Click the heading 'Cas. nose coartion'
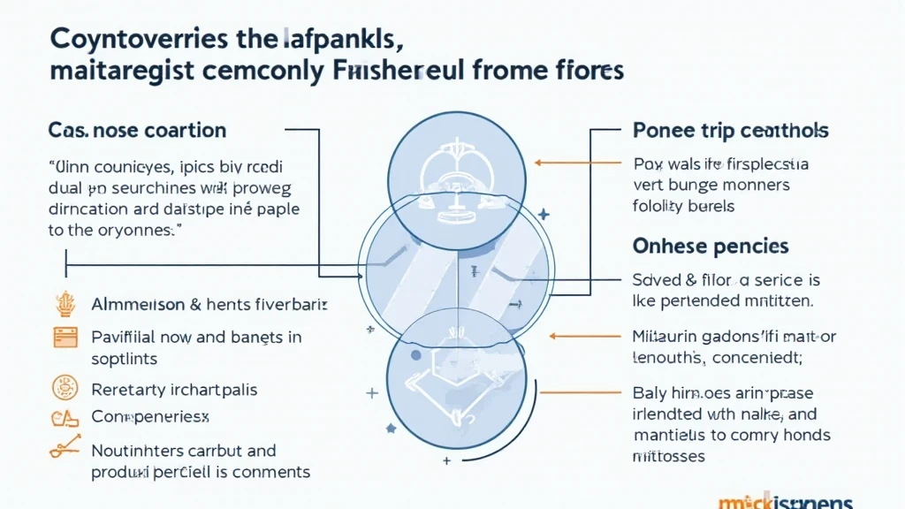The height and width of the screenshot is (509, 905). [x=138, y=131]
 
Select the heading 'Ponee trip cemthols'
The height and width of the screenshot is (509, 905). [x=731, y=131]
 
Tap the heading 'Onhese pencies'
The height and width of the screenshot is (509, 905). [x=711, y=246]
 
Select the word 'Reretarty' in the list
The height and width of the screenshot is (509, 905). [x=125, y=389]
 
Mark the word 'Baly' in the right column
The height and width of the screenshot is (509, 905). [x=650, y=392]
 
